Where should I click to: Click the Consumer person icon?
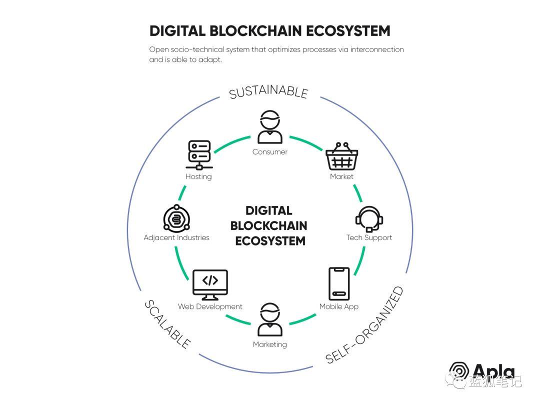click(x=270, y=127)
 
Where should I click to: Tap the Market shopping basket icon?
click(x=342, y=156)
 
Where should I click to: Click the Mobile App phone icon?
click(x=338, y=283)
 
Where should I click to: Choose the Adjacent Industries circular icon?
click(x=176, y=218)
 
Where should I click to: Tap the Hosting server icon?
click(x=198, y=155)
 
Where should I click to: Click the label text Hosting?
click(x=198, y=176)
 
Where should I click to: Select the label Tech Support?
click(x=369, y=237)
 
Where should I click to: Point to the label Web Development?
click(x=210, y=306)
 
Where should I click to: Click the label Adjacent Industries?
click(x=176, y=237)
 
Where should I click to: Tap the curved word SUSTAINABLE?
click(x=268, y=92)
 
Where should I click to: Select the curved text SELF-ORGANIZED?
click(x=364, y=324)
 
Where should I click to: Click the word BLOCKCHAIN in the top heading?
click(x=255, y=30)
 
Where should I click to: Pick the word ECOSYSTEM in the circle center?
click(x=270, y=240)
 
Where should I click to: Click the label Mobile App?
click(x=339, y=306)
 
